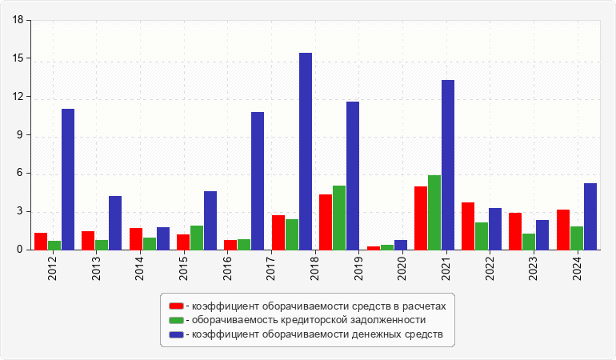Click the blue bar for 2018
306,151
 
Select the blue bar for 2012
68,179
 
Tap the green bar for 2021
434,212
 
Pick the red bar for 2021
421,218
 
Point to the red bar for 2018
326,222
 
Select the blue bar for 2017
258,181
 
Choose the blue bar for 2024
590,216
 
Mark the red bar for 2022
468,226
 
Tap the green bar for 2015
197,238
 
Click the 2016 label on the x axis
228,265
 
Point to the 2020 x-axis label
402,265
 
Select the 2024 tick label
577,265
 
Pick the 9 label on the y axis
21,135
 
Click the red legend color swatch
176,306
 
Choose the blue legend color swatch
176,334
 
